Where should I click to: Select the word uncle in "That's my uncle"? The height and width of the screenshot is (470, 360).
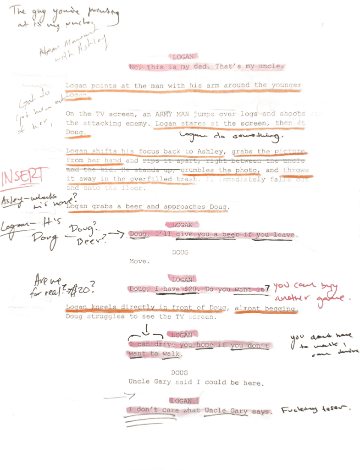pos(272,67)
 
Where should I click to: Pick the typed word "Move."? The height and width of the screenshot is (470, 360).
pos(139,262)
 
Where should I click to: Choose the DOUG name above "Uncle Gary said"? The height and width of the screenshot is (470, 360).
pos(180,372)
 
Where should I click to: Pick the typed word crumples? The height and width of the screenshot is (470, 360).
pos(198,170)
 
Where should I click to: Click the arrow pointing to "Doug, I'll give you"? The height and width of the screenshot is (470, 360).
pos(117,235)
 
